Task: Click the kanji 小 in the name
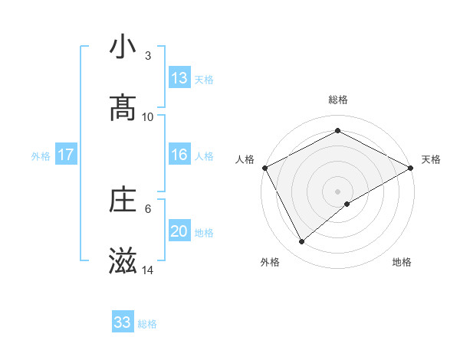123,48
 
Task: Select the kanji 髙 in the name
123,108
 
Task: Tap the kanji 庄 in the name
123,201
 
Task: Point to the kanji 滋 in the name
123,262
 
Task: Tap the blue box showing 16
179,155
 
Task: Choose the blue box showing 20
179,232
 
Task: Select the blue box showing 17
66,155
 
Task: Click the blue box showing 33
123,322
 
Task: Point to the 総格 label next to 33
147,324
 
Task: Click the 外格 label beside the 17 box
41,156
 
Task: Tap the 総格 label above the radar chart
338,100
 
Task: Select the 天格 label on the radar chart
431,159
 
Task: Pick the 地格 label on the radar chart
402,262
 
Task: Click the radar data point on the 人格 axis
264,168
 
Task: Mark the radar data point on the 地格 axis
347,204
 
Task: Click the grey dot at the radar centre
338,191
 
